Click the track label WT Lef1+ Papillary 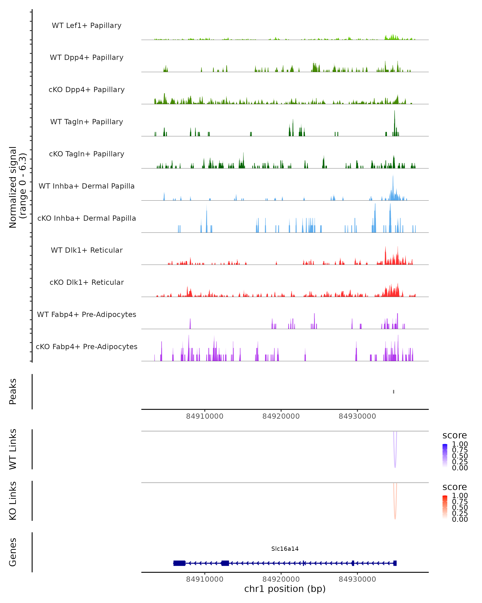pyautogui.click(x=87, y=26)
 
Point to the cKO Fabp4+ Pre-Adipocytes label pyautogui.click(x=87, y=347)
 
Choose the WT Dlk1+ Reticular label pyautogui.click(x=87, y=250)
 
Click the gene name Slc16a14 pyautogui.click(x=285, y=549)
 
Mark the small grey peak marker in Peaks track pyautogui.click(x=393, y=392)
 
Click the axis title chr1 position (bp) pyautogui.click(x=285, y=589)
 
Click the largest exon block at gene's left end pyautogui.click(x=179, y=563)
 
